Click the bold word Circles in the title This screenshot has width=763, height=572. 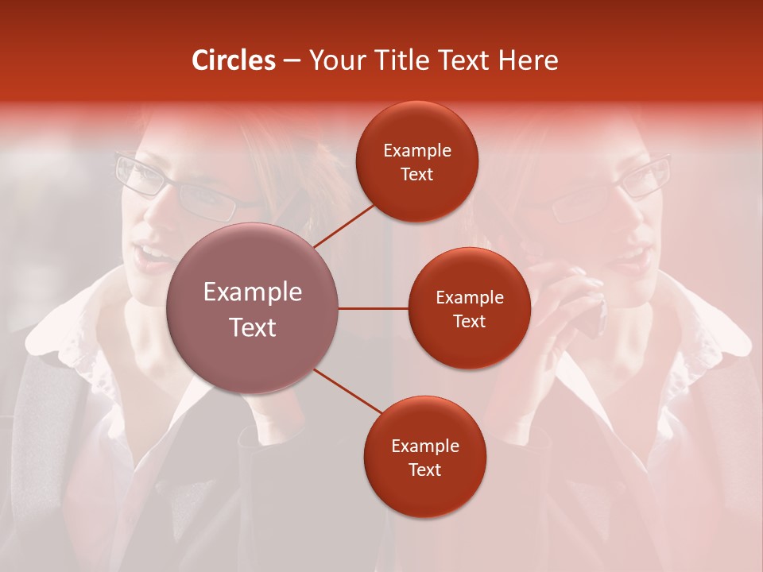[x=233, y=60]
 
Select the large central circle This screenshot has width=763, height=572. [x=253, y=308]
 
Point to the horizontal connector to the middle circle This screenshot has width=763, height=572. [x=373, y=308]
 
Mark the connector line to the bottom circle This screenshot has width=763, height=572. [x=348, y=392]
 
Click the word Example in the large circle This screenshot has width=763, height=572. [x=253, y=292]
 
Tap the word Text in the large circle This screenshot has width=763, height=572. [x=253, y=327]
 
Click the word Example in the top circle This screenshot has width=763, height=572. [x=417, y=151]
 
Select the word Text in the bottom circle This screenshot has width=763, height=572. [x=424, y=470]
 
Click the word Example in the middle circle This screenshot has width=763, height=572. [x=470, y=298]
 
